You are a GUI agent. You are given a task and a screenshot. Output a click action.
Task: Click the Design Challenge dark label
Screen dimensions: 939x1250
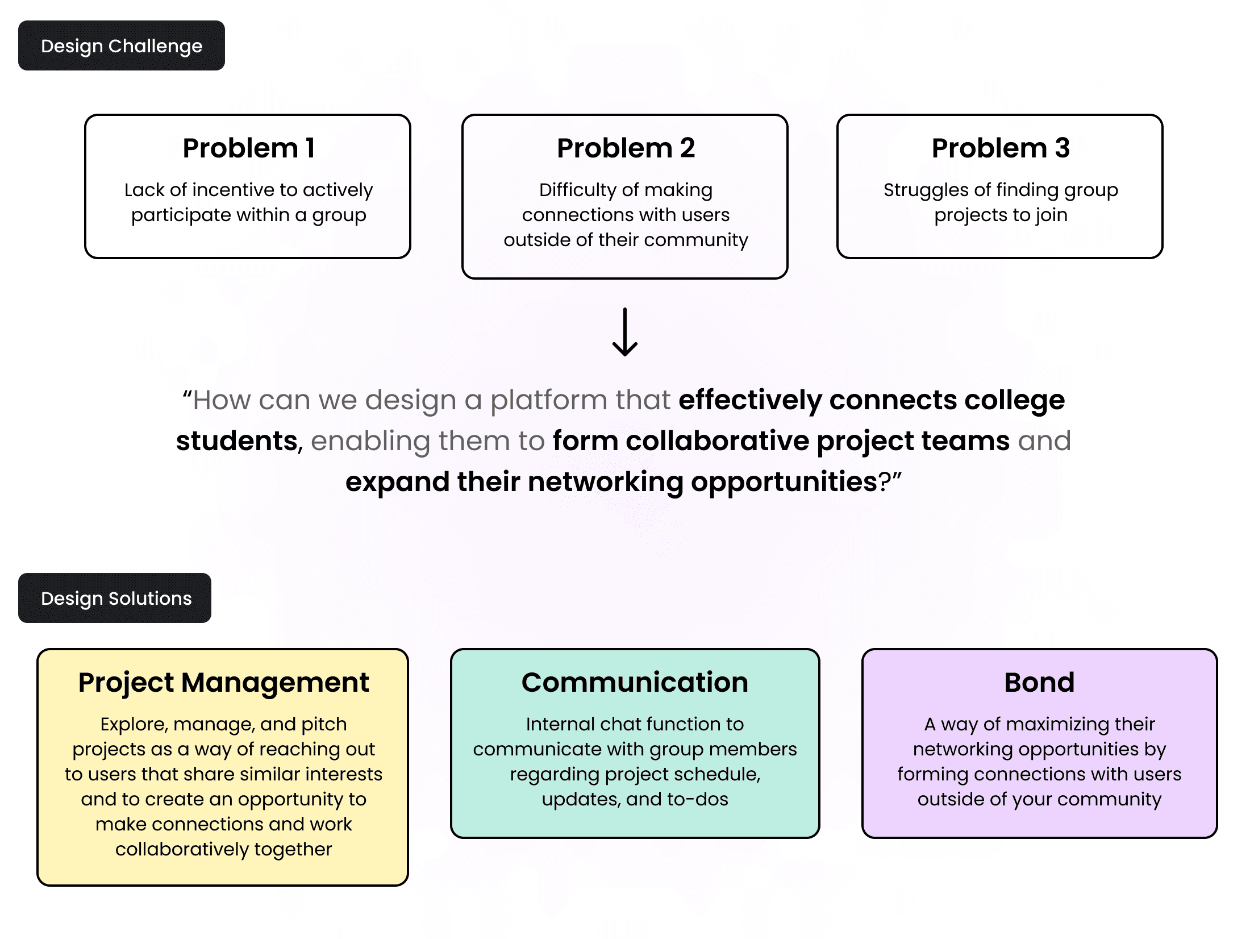pyautogui.click(x=122, y=46)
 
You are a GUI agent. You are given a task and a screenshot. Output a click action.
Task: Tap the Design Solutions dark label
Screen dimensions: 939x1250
pyautogui.click(x=115, y=599)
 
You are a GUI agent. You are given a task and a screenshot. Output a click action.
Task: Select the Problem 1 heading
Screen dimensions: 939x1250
pyautogui.click(x=248, y=148)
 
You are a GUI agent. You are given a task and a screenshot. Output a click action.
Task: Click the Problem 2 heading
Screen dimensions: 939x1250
pyautogui.click(x=626, y=148)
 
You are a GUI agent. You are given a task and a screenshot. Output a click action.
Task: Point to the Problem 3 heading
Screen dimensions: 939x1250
pyautogui.click(x=1001, y=148)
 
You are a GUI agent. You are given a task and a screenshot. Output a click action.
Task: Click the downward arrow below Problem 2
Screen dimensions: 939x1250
pyautogui.click(x=625, y=333)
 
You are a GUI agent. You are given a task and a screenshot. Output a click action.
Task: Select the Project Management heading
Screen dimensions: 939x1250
pyautogui.click(x=223, y=683)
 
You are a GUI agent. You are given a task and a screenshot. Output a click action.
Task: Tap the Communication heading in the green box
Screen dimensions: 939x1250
pyautogui.click(x=635, y=683)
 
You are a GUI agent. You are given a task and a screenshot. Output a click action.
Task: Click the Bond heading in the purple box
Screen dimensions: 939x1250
pyautogui.click(x=1039, y=683)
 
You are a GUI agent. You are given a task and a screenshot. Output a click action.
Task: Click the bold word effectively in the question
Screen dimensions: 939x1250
pyautogui.click(x=750, y=400)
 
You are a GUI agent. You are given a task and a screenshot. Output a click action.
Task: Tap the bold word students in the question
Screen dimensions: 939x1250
pyautogui.click(x=237, y=441)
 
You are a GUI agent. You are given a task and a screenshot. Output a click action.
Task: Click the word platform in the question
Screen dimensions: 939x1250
pyautogui.click(x=549, y=400)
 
